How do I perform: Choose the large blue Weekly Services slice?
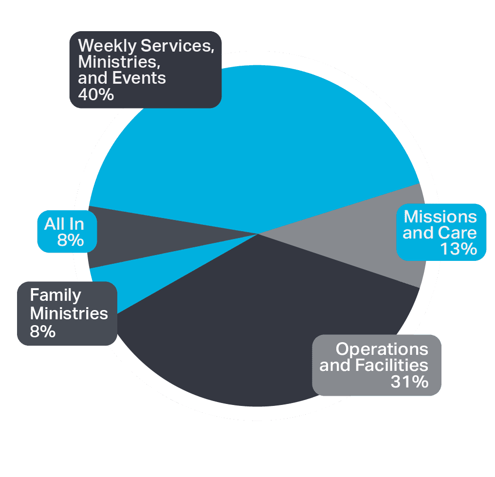[253, 142]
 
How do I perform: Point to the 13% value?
[458, 249]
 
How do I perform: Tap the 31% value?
[409, 382]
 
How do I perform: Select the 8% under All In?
[71, 240]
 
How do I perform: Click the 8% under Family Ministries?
[43, 332]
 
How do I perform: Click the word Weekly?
[107, 46]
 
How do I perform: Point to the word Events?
[139, 78]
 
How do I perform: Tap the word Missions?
[440, 217]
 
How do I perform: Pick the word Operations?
[382, 349]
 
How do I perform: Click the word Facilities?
[391, 365]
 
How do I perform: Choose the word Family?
[55, 295]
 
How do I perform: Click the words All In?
[64, 224]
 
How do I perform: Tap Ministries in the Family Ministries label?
[69, 313]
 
